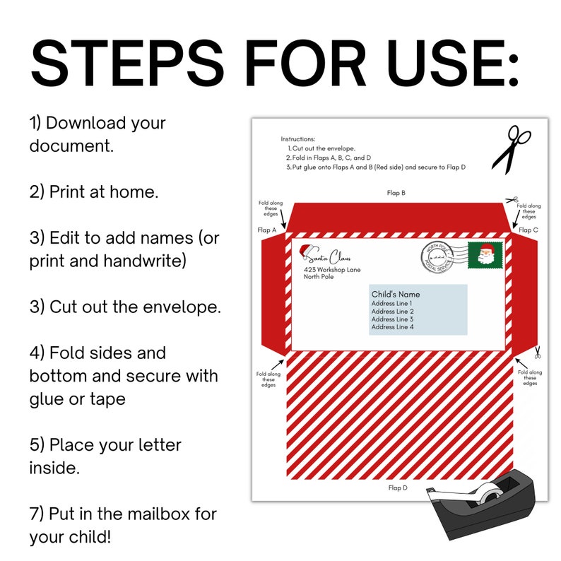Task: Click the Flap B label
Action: click(396, 192)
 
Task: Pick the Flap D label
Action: click(397, 488)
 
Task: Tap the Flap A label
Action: click(267, 230)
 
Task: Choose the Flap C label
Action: click(528, 230)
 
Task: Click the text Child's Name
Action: click(396, 294)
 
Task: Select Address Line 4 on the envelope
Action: click(392, 327)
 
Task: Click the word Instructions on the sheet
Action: click(298, 139)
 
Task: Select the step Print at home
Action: click(94, 192)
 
